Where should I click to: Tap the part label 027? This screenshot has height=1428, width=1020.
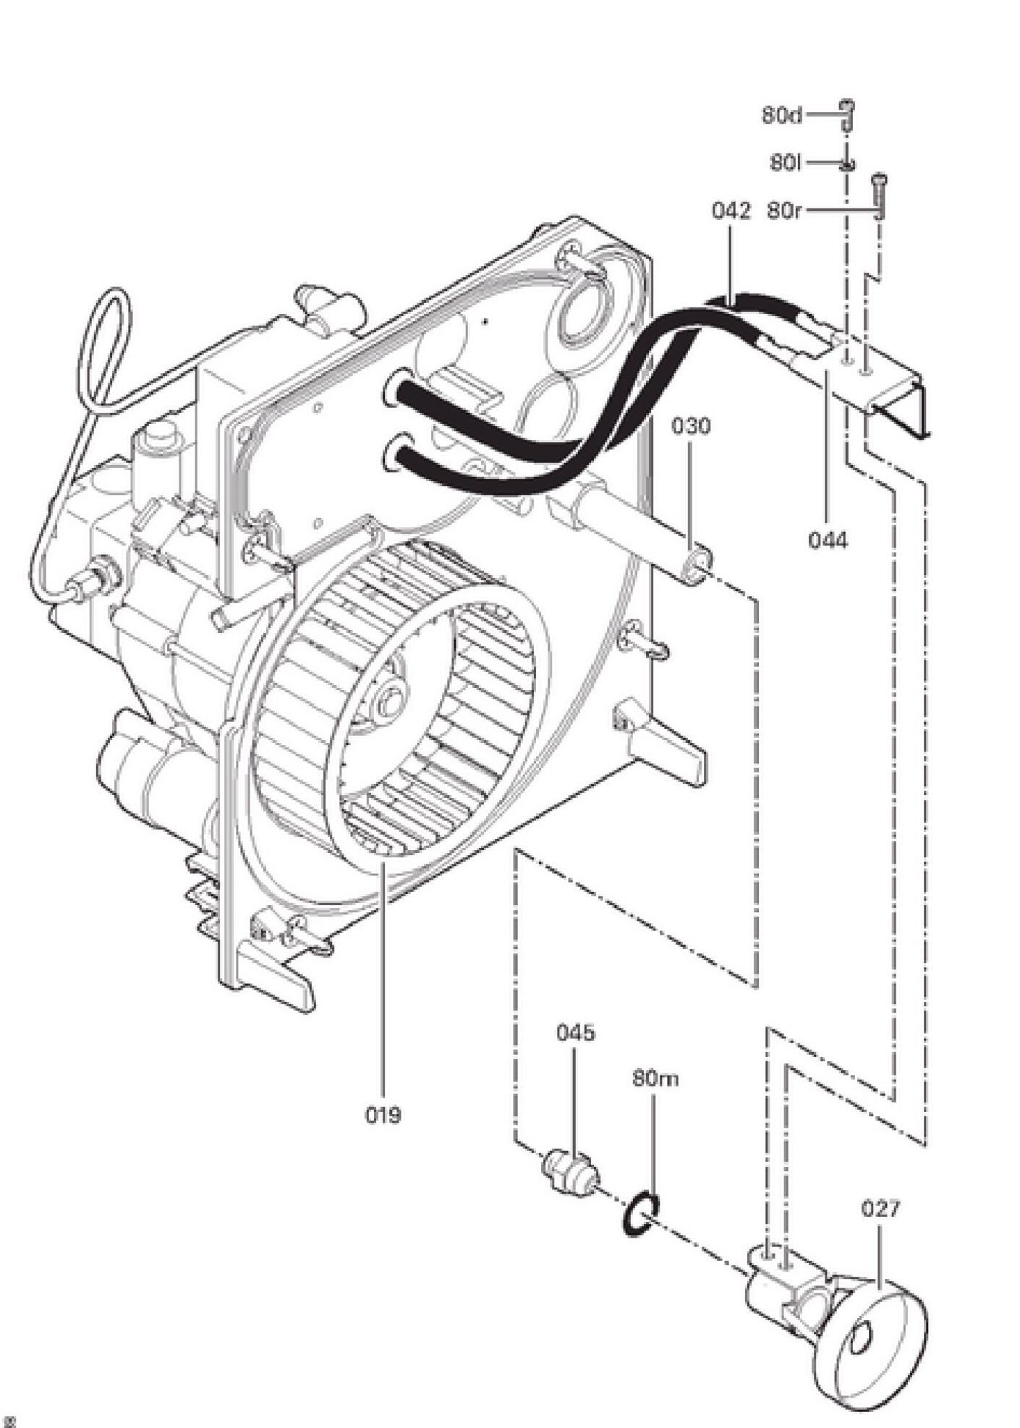(x=880, y=1208)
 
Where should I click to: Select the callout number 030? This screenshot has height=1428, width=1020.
(x=691, y=426)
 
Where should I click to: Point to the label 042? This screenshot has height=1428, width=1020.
(x=731, y=211)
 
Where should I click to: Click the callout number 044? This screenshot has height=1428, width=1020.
(x=828, y=540)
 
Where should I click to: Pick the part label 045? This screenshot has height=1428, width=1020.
(x=576, y=1032)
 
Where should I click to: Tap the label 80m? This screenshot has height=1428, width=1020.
(x=655, y=1079)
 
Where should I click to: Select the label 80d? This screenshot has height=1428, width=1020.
(x=781, y=115)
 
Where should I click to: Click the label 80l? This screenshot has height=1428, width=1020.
(x=786, y=163)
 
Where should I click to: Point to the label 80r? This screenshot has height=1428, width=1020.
(x=784, y=211)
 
